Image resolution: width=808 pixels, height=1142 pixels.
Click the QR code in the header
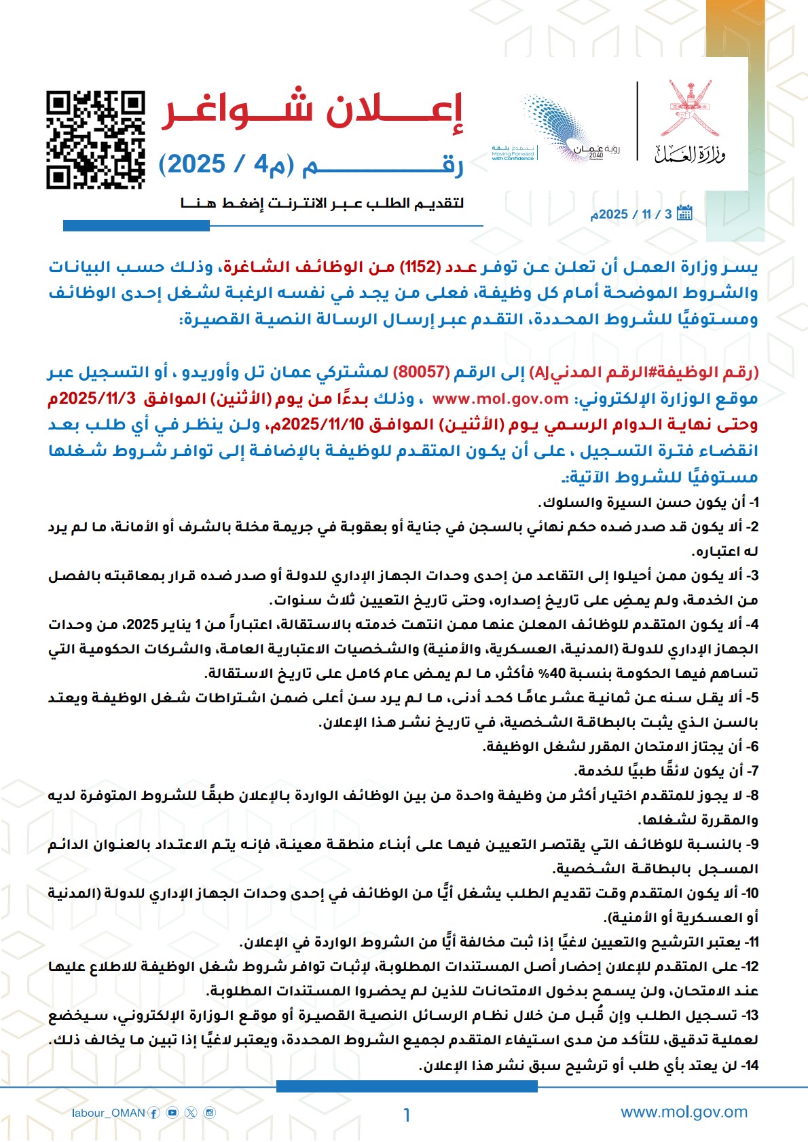(96, 140)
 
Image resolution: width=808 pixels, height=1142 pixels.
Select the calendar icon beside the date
(684, 213)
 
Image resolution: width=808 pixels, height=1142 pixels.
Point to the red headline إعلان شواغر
(312, 110)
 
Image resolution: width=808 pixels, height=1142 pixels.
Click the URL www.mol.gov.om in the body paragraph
(500, 398)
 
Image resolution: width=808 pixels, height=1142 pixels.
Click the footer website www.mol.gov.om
(684, 1111)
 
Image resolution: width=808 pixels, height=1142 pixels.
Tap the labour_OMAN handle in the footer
(109, 1113)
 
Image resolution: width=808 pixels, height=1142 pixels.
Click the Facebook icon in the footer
(154, 1113)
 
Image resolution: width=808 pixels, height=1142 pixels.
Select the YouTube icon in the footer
(172, 1113)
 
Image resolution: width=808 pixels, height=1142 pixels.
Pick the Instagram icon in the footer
(210, 1113)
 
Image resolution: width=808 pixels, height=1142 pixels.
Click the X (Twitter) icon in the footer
(191, 1113)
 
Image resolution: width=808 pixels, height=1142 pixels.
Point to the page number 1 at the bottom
(407, 1115)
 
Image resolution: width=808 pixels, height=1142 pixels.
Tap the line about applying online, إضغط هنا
(322, 203)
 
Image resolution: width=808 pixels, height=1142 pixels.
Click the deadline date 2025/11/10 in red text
(323, 425)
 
